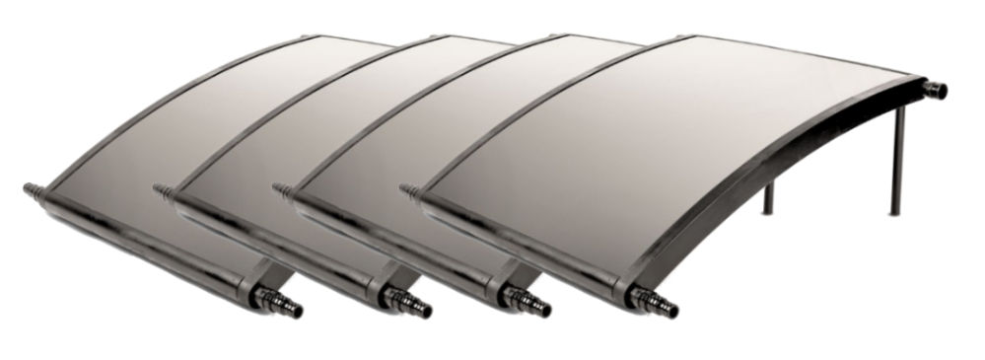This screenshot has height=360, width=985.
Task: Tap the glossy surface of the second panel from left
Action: point(325,128)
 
